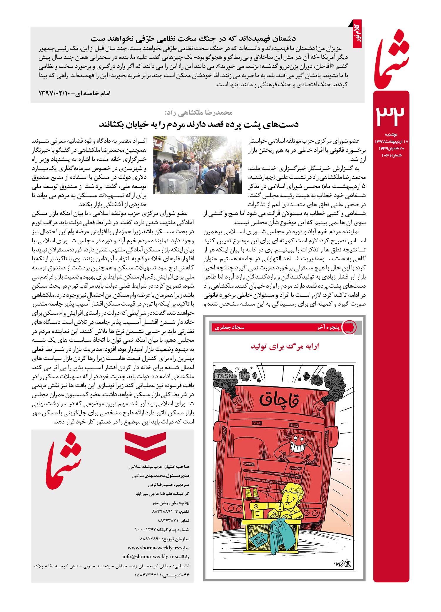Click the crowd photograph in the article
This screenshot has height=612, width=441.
point(197,165)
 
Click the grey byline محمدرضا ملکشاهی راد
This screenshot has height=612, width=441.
point(199,112)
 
